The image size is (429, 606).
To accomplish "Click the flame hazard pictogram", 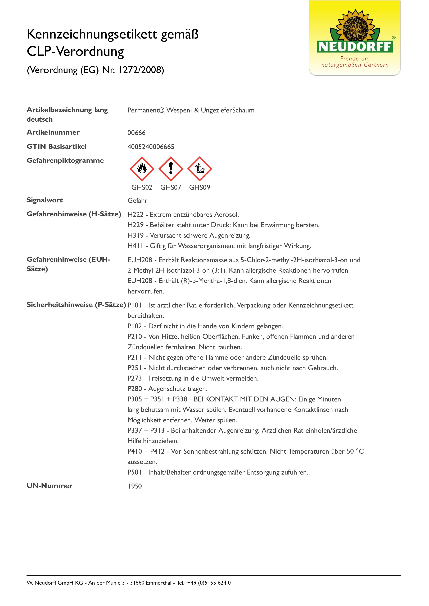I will tap(142, 169).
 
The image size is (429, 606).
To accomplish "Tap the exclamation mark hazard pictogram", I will tap(171, 169).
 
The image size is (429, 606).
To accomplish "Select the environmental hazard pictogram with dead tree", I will tap(200, 169).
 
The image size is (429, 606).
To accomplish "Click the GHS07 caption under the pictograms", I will tap(171, 187).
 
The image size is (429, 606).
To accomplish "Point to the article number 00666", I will tap(136, 133).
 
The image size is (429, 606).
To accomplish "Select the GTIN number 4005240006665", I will tap(151, 147).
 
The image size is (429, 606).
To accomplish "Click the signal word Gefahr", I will tap(137, 201).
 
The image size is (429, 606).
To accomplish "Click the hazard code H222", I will tap(135, 215).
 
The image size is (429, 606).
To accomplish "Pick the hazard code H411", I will tap(135, 246).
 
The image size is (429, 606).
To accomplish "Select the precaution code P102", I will tap(135, 326).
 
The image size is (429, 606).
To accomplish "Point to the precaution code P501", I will tap(135, 472).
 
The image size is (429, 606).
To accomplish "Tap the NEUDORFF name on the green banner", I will tap(355, 47).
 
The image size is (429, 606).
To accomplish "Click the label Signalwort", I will tap(45, 200).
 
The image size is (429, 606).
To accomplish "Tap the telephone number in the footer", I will tap(209, 583).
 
